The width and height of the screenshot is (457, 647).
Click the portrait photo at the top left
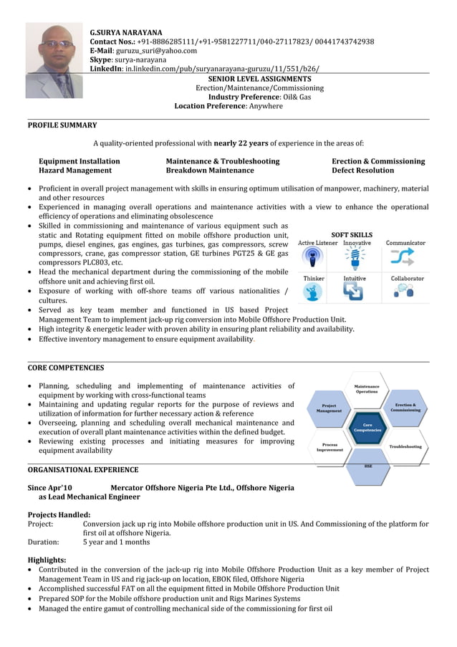[x=54, y=60]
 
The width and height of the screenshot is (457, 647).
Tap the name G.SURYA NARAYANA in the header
[x=126, y=32]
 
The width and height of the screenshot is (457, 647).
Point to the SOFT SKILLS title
[x=352, y=234]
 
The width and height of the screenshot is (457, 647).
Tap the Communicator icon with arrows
[x=405, y=257]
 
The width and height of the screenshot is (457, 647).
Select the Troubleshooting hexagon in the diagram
[x=405, y=446]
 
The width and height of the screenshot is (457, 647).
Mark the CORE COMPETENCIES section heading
[x=66, y=368]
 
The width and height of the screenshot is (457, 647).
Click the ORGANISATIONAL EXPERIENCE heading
[x=83, y=470]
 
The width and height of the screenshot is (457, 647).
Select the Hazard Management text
[x=75, y=171]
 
